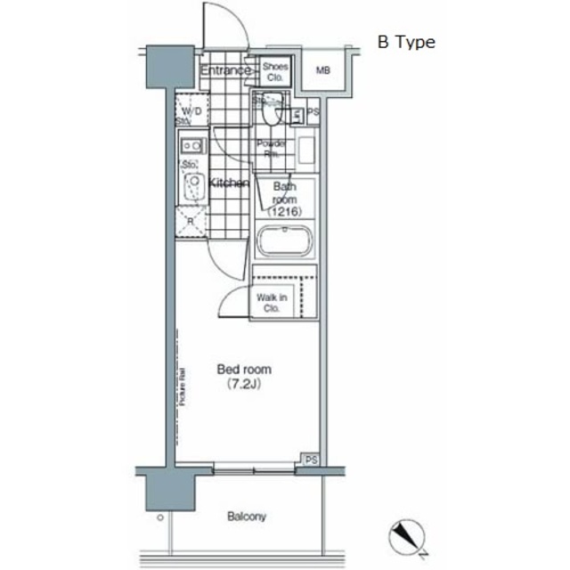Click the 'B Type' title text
406,42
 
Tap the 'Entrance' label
225,70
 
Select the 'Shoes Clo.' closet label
273,70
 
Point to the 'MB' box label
322,69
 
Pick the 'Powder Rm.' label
272,148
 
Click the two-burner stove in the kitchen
191,144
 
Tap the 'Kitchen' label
229,183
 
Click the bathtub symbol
285,241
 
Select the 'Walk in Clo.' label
269,302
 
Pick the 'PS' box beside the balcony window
310,459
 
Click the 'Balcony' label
247,516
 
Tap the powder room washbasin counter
305,149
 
